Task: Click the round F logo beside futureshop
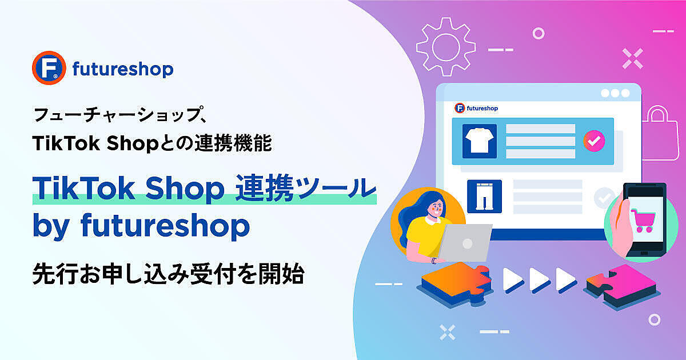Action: coord(49,67)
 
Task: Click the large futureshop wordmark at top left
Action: coord(123,70)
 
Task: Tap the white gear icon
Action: coord(446,47)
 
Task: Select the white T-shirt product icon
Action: coord(480,141)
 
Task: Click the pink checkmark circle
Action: coord(594,141)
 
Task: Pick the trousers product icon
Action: coord(485,196)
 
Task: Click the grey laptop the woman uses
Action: coord(464,242)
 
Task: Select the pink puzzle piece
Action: coord(622,286)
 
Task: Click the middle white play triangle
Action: coord(540,279)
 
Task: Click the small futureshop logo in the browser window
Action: coord(476,108)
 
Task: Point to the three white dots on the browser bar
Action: coord(615,93)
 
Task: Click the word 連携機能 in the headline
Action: coord(233,143)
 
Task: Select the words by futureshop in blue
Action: coord(141,226)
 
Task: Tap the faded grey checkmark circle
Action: coord(604,198)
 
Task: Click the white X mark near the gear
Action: coord(632,58)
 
